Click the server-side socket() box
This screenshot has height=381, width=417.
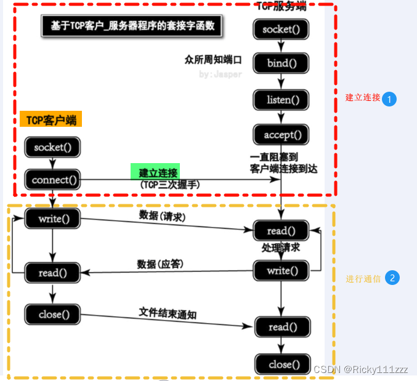click(281, 29)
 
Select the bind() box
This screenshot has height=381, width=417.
click(281, 63)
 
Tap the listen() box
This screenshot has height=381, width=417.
click(281, 99)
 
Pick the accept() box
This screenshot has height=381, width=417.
click(281, 134)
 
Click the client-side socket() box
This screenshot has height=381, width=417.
click(53, 147)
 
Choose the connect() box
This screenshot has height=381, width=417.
click(52, 180)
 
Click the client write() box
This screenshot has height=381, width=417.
click(53, 219)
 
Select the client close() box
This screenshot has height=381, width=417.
click(53, 315)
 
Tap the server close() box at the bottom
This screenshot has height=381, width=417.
click(282, 364)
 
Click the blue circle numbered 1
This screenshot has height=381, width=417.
click(389, 98)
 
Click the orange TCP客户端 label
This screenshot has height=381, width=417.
click(51, 119)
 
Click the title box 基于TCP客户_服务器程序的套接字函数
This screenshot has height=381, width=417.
click(132, 27)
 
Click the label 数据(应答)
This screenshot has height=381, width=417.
click(161, 264)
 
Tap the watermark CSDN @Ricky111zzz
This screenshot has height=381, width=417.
click(360, 369)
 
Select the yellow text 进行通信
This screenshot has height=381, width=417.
click(363, 279)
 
